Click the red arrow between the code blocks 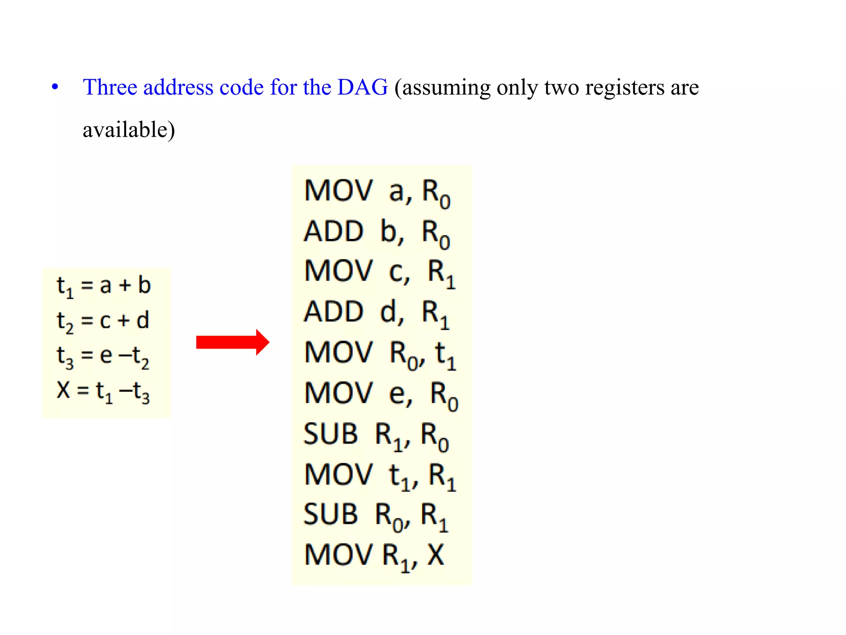coord(232,342)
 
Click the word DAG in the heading coord(362,87)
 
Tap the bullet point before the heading coord(55,87)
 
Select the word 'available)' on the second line coord(129,130)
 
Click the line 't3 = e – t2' coord(103,356)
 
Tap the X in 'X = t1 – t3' coord(63,390)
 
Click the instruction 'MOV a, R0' coord(377,193)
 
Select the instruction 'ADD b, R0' coord(376,233)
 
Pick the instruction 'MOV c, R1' coord(380,273)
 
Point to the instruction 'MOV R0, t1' coord(380,354)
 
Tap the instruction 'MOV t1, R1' coord(380,475)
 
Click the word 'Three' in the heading coord(110,87)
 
